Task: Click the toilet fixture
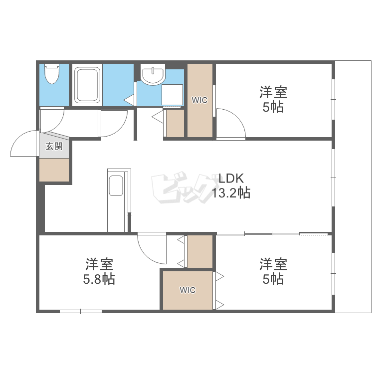(x=52, y=73)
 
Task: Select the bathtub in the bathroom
(x=87, y=85)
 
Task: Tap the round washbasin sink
(x=153, y=74)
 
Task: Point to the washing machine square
(x=172, y=95)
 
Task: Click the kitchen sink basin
(x=116, y=186)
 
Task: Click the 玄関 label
(x=54, y=146)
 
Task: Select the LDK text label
(x=231, y=179)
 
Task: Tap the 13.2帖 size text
(x=231, y=192)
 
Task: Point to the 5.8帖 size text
(x=99, y=279)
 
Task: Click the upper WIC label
(x=199, y=100)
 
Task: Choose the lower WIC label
(x=187, y=290)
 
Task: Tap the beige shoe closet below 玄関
(x=54, y=170)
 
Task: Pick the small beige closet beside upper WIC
(x=175, y=123)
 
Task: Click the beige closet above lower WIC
(x=200, y=251)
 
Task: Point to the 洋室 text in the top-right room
(x=273, y=92)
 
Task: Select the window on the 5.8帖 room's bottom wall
(x=81, y=311)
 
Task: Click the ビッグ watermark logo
(x=185, y=187)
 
